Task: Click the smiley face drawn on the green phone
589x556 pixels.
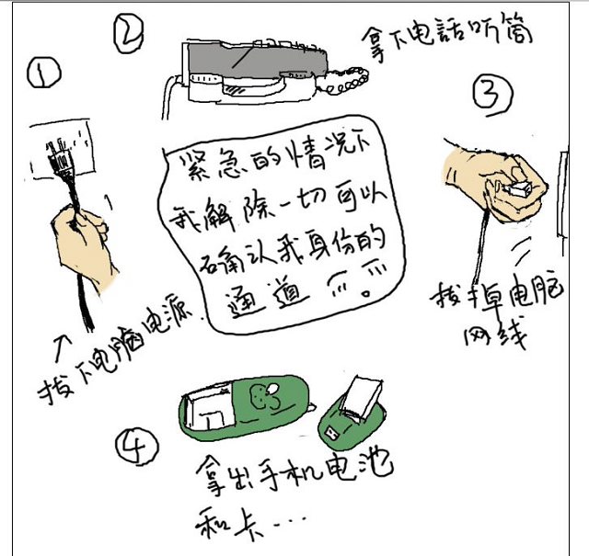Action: click(264, 398)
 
